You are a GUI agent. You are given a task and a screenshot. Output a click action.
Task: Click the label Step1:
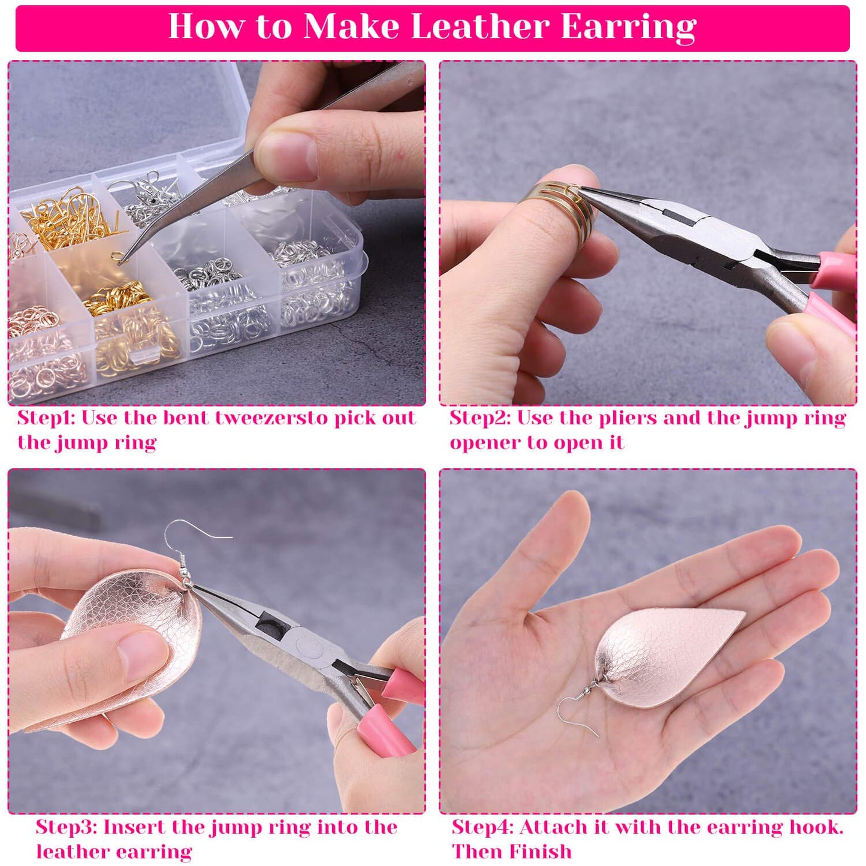pyautogui.click(x=46, y=418)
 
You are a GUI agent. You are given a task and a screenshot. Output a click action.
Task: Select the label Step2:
pyautogui.click(x=479, y=418)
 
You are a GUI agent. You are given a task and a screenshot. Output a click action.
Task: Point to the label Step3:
pyautogui.click(x=66, y=827)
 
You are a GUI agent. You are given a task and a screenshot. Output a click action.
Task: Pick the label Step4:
pyautogui.click(x=482, y=827)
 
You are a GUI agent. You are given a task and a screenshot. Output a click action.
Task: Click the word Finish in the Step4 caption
pyautogui.click(x=545, y=852)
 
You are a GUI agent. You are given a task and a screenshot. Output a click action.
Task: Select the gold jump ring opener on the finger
pyautogui.click(x=560, y=213)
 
